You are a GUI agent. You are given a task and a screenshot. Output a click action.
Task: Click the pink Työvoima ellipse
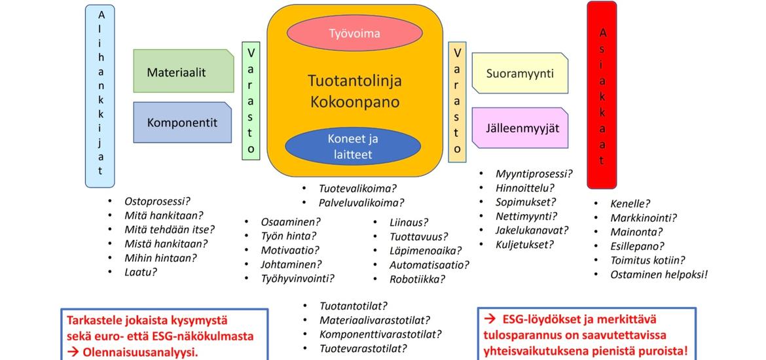[x=354, y=33]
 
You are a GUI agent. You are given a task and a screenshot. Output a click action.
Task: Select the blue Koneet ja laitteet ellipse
[x=354, y=147]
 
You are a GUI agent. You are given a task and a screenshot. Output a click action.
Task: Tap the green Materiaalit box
[x=183, y=72]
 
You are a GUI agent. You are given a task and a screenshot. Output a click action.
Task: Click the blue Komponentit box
[x=182, y=122]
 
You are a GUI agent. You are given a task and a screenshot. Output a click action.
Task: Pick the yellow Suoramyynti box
[x=520, y=73]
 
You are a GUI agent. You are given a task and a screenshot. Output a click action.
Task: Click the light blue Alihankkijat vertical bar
[x=100, y=95]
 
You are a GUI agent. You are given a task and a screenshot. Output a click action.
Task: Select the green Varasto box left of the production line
[x=251, y=100]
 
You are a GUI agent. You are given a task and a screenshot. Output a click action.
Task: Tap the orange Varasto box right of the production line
[x=457, y=101]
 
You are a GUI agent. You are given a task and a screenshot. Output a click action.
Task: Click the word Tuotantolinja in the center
[x=354, y=81]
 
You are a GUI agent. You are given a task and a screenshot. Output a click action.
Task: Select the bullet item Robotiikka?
[x=417, y=279]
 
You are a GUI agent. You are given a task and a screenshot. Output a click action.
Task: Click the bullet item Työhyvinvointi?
[x=297, y=278]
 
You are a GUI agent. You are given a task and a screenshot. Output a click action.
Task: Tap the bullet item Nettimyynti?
[x=526, y=216]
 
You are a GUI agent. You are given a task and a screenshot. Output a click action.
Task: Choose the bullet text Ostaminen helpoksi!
[x=659, y=274]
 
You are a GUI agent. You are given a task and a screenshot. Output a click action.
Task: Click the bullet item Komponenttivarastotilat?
[x=380, y=334]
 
